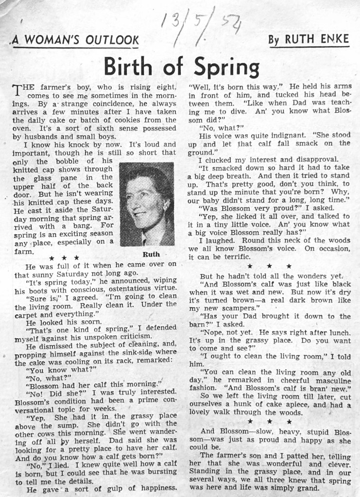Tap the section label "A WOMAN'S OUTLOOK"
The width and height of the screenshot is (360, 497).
[x=76, y=40]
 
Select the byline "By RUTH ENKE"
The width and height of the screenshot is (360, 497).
[x=309, y=39]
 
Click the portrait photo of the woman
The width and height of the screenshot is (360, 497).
[x=147, y=204]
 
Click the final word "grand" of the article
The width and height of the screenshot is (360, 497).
[x=307, y=488]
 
